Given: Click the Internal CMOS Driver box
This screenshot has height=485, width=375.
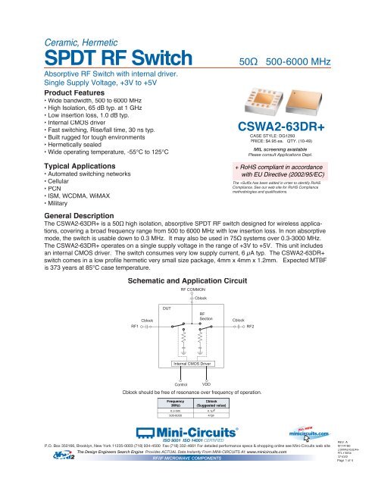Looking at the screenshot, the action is pos(195,365).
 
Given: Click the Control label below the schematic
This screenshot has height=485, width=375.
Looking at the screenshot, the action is pos(181,386).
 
